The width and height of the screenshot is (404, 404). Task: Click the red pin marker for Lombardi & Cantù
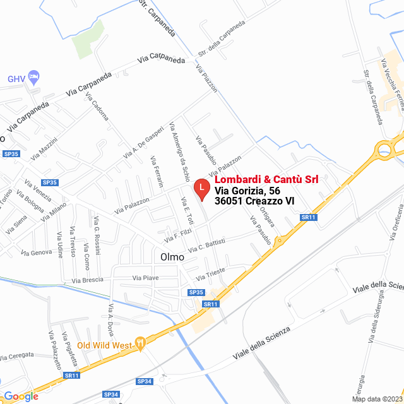tap(201, 188)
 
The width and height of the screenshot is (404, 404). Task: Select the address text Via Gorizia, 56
tap(247, 191)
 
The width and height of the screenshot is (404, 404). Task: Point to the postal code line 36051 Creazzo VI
tap(254, 201)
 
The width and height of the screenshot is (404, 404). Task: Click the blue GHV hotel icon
tap(34, 78)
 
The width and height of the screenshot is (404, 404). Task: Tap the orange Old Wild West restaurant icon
tap(140, 344)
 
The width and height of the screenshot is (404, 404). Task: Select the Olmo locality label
tap(172, 257)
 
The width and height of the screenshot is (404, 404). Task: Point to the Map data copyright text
tap(377, 399)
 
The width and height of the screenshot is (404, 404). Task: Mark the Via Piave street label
tap(145, 277)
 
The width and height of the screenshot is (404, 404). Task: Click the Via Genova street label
tap(37, 252)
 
